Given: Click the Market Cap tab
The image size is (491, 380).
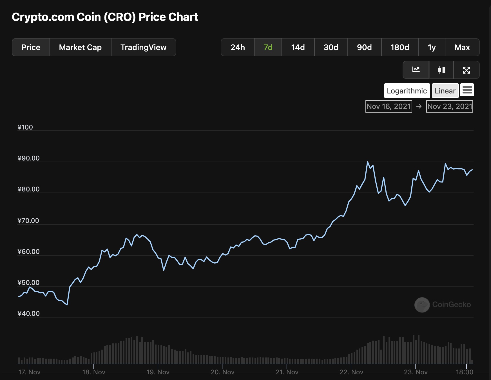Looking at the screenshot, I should tap(80, 47).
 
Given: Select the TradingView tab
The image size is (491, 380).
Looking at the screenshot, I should tap(143, 47).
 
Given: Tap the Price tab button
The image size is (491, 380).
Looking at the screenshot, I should tap(31, 47).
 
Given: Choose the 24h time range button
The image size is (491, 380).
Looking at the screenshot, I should tap(238, 47).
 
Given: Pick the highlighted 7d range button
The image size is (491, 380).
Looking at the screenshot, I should tap(268, 47).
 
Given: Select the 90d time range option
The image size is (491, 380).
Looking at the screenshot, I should tap(364, 47).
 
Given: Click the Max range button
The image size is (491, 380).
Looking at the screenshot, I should tap(462, 47).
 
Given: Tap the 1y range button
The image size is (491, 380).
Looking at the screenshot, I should tap(432, 47).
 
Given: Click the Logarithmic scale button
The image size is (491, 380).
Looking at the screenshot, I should tap(407, 91).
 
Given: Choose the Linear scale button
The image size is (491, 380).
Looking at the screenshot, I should tap(445, 91).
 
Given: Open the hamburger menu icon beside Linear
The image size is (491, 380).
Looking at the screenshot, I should tap(467, 90).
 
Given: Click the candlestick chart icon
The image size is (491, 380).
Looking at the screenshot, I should tap(441, 70).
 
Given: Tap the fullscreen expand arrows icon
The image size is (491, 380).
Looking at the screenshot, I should tap(467, 70).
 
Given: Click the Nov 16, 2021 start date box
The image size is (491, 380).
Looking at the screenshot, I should tap(389, 106).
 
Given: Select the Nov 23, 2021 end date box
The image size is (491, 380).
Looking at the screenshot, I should tap(450, 106).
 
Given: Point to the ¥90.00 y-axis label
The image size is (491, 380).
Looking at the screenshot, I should tap(29, 158).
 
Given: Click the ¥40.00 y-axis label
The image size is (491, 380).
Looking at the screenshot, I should tap(29, 314).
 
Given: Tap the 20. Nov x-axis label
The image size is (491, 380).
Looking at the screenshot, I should tap(222, 372).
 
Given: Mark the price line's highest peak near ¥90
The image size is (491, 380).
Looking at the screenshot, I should tap(367, 162).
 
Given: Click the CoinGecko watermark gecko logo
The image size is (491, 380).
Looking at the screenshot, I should tap(422, 305).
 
